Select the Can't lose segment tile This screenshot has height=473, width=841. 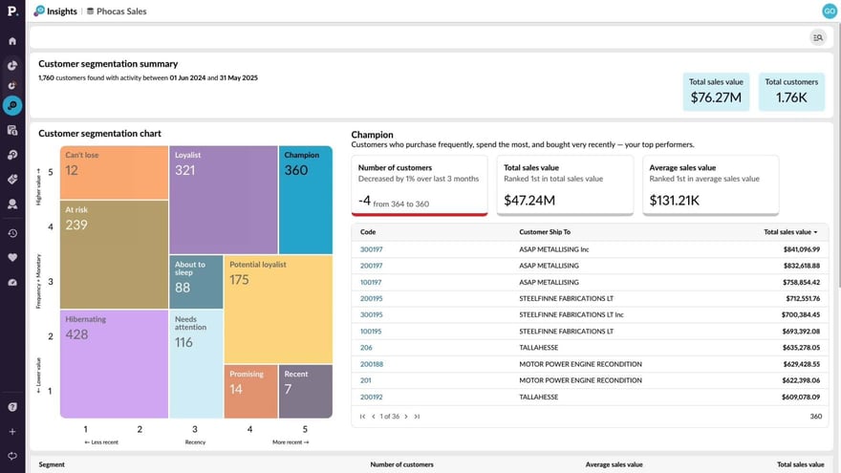[x=115, y=172]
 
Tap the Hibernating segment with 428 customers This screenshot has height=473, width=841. [x=115, y=363]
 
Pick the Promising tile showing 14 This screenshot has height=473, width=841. [x=250, y=392]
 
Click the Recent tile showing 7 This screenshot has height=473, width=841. [x=306, y=392]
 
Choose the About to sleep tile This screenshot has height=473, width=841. [x=196, y=282]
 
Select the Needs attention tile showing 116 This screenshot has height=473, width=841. [x=196, y=363]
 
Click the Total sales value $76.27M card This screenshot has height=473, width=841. [x=716, y=92]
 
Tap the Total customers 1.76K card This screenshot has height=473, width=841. [x=791, y=92]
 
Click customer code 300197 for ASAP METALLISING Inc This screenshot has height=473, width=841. [x=371, y=249]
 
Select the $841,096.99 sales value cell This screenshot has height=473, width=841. [x=793, y=249]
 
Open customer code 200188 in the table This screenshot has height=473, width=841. [x=371, y=364]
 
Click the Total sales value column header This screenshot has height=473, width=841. [x=789, y=232]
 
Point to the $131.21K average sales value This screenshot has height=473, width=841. [x=676, y=200]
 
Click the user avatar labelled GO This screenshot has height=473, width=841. [x=829, y=11]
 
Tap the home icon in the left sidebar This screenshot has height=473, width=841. [x=12, y=41]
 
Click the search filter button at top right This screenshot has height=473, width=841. [x=817, y=37]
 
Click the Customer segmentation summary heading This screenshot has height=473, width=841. [x=108, y=64]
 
